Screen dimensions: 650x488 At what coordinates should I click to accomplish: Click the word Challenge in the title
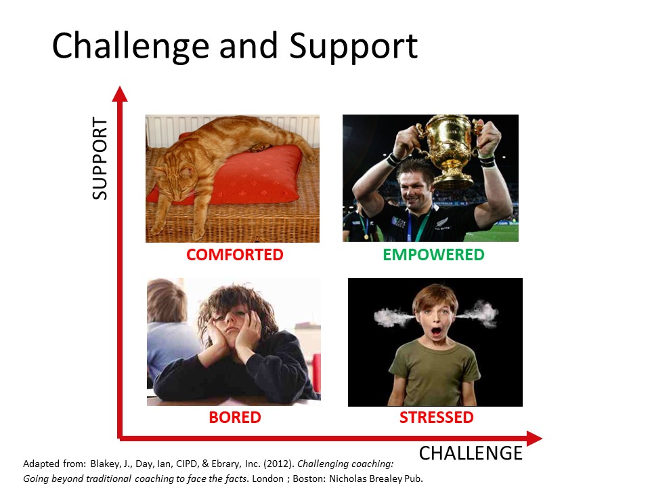point(131,47)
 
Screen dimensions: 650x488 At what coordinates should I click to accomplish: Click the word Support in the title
point(353,47)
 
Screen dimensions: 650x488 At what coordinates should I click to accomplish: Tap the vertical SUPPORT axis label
point(100,158)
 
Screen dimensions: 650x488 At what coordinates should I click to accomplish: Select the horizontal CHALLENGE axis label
point(471,453)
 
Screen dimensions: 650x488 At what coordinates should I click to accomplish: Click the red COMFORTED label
point(235,254)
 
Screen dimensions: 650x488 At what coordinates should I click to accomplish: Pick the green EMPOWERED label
point(433,254)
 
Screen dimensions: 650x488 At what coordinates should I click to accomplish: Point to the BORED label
point(235,417)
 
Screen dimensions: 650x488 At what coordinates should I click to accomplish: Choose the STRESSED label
point(436,417)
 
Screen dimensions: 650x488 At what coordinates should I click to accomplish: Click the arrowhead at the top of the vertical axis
point(120,94)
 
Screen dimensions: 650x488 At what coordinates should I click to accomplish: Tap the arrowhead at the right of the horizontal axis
point(534,439)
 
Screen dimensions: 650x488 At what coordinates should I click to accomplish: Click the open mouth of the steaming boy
point(436,332)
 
